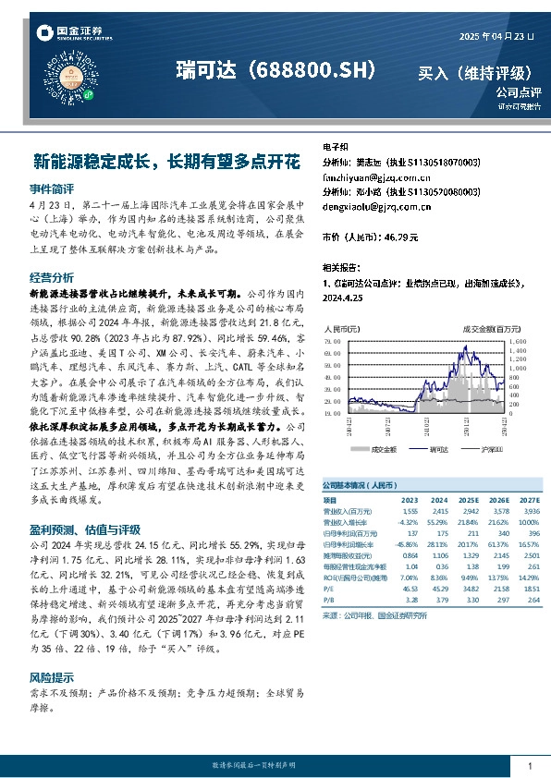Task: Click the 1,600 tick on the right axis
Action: pyautogui.click(x=517, y=341)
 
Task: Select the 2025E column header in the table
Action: pyautogui.click(x=470, y=500)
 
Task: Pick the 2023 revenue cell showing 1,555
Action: pyautogui.click(x=410, y=510)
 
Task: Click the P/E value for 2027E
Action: pyautogui.click(x=530, y=588)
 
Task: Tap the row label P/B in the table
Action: pyautogui.click(x=329, y=600)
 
